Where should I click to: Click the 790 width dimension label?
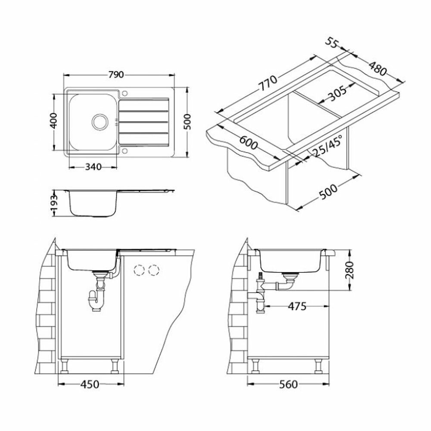116,75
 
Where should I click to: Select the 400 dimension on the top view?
54,121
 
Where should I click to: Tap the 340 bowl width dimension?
93,166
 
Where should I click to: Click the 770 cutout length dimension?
269,83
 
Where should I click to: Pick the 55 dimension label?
332,43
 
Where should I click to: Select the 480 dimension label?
378,69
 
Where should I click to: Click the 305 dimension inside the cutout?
337,94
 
